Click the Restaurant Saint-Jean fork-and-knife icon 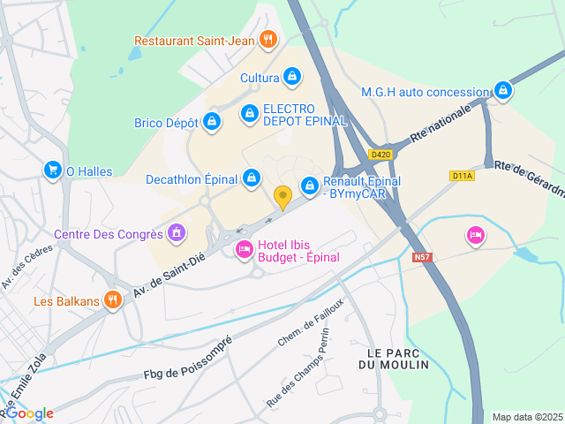click(269, 40)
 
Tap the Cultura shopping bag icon click(291, 78)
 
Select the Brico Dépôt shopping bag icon click(211, 123)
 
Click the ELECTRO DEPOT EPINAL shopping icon click(250, 114)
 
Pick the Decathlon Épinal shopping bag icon click(252, 179)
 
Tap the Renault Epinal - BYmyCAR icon click(310, 185)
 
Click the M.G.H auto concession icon click(502, 91)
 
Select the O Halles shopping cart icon click(53, 170)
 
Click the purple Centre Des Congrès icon click(177, 234)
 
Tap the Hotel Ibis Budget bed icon click(244, 250)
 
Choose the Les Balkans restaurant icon click(112, 300)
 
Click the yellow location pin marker click(282, 197)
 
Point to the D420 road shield click(381, 155)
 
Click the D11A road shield click(462, 176)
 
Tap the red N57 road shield click(423, 257)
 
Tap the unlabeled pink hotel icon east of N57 click(476, 235)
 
